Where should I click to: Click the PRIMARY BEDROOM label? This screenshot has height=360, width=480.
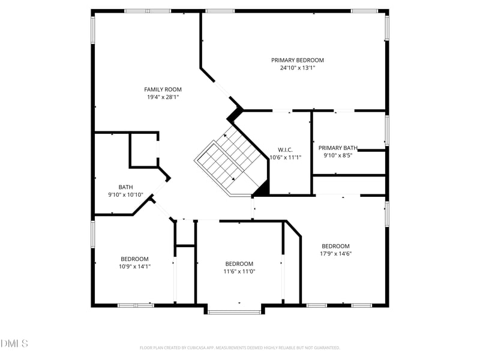(297, 61)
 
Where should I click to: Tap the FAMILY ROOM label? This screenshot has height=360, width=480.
(163, 89)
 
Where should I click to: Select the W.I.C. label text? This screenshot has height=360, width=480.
(286, 150)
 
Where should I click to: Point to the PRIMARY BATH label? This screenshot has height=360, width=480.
(338, 148)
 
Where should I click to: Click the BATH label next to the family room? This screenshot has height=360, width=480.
(126, 187)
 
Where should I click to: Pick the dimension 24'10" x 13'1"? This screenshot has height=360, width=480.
(298, 68)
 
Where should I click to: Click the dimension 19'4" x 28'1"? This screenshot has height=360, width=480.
(163, 97)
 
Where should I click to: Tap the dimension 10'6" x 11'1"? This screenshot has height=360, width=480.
(286, 158)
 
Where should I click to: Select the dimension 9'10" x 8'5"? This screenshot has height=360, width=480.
(338, 155)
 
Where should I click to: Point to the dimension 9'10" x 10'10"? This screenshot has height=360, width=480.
(126, 195)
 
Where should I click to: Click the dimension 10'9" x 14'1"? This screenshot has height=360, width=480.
(134, 266)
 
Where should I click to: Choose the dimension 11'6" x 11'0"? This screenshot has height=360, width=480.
(239, 272)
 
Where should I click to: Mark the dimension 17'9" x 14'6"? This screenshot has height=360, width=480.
(336, 254)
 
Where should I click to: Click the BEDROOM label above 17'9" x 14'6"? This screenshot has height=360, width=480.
(336, 247)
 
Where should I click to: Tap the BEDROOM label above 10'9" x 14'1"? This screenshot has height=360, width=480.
(134, 259)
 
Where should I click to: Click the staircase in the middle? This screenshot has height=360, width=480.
(232, 162)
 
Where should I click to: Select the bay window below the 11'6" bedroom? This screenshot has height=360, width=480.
(234, 312)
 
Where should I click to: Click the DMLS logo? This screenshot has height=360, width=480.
(14, 344)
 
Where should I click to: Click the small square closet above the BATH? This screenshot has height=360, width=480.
(144, 150)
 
